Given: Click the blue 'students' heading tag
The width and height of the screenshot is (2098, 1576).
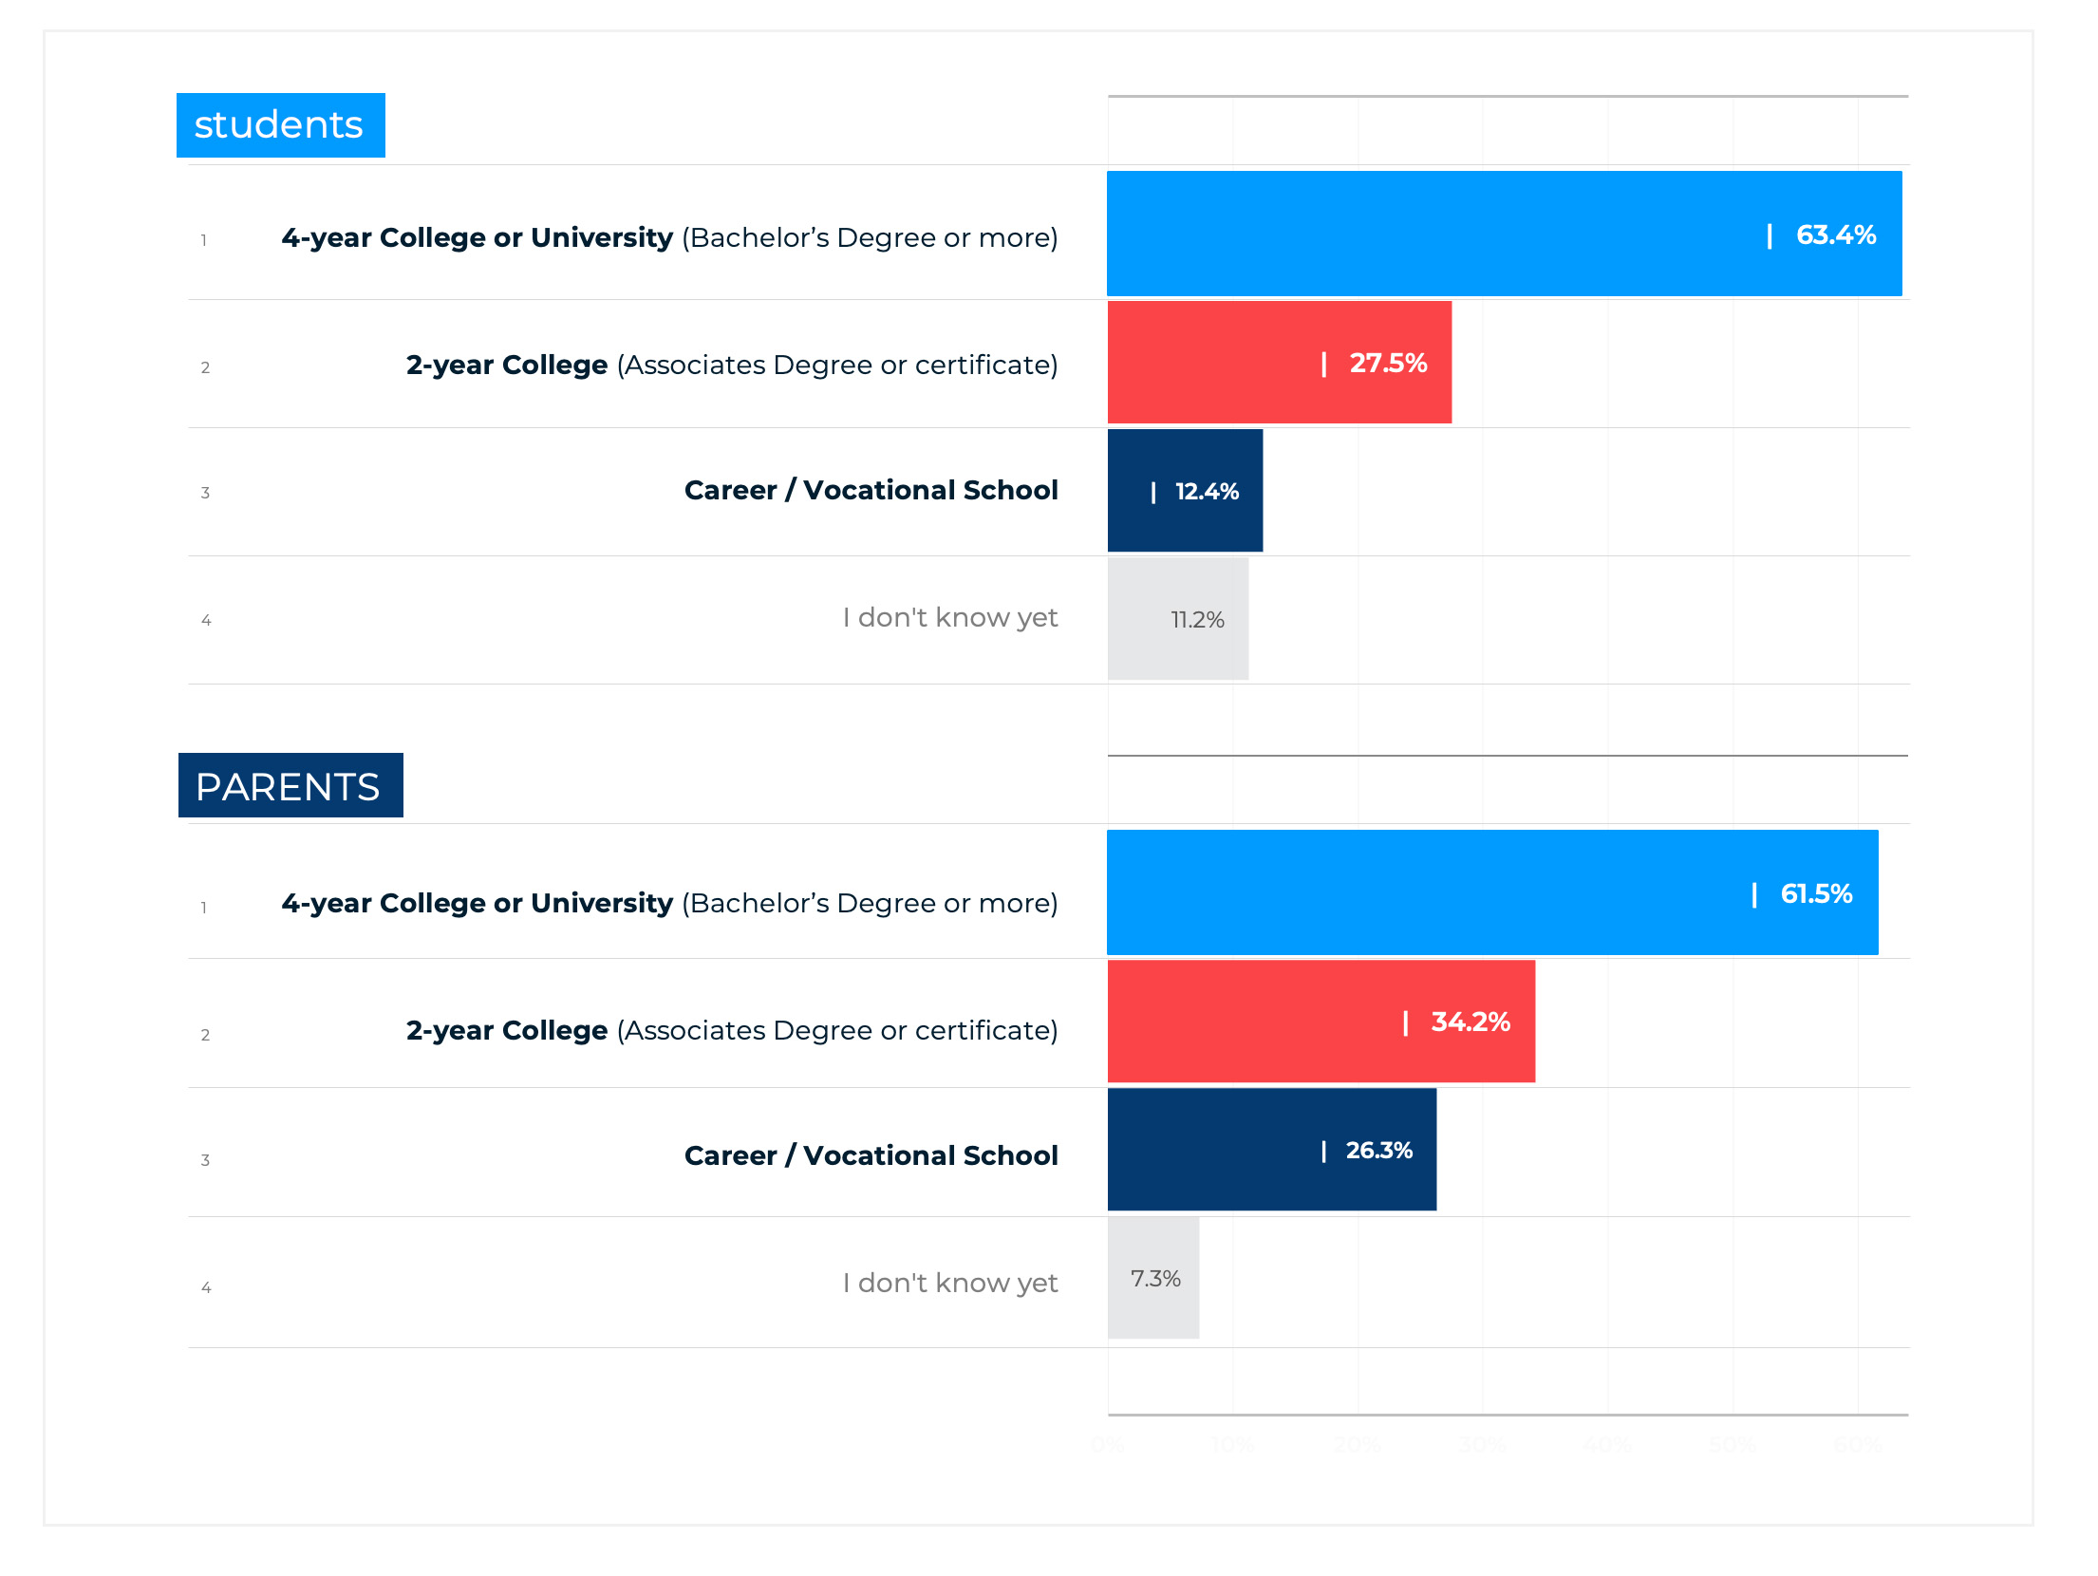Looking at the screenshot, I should tap(280, 125).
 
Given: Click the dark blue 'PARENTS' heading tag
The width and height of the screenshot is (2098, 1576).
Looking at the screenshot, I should tap(290, 786).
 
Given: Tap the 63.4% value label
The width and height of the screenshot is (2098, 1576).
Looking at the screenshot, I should tap(1835, 235).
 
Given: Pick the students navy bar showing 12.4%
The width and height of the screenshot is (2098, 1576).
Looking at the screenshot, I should tap(1184, 491).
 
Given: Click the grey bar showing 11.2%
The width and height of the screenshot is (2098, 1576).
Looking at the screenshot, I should tap(1177, 619).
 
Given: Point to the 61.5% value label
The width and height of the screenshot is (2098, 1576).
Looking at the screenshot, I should tap(1815, 893).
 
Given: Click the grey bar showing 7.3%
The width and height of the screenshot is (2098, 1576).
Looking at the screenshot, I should tap(1152, 1279).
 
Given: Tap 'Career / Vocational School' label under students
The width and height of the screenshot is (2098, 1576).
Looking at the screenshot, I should tap(871, 490).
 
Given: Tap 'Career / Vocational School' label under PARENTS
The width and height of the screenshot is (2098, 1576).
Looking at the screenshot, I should tap(871, 1155).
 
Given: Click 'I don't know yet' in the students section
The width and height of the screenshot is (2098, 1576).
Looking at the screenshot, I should tap(949, 618).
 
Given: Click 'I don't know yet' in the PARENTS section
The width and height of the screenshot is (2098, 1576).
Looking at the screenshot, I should tap(949, 1284).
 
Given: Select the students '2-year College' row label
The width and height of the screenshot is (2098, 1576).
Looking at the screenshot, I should tap(731, 365).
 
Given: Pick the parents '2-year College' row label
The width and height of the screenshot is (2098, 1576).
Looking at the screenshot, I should tap(731, 1030).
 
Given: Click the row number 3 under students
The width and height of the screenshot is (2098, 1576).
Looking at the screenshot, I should tap(205, 493).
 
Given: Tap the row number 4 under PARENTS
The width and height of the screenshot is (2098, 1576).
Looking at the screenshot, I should tap(206, 1287).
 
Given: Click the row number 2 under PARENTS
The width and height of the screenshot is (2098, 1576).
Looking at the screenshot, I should tap(205, 1035).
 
